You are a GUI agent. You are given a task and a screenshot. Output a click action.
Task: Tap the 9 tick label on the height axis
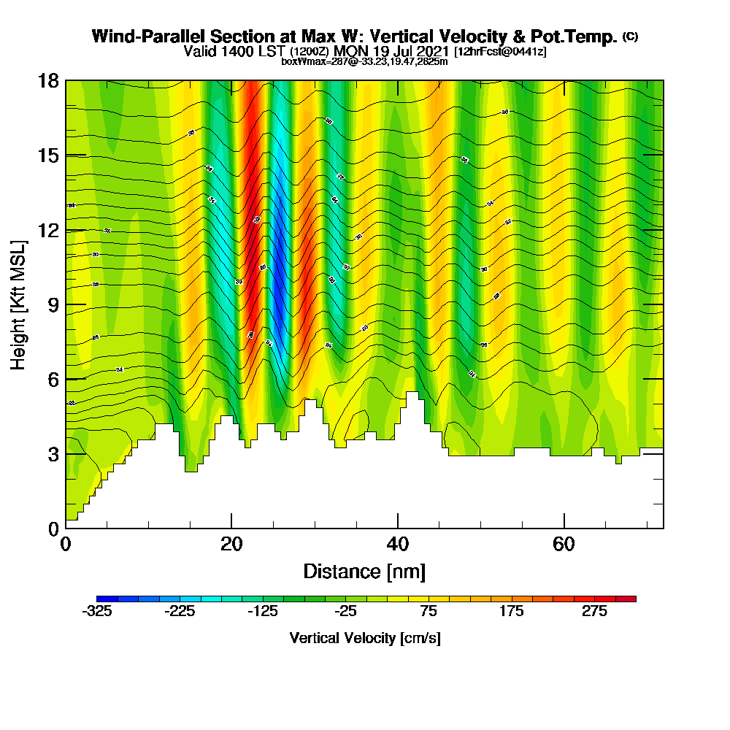53,304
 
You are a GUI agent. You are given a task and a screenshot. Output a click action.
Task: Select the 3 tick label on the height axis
53,454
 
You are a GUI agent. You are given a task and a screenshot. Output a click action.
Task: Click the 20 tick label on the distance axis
231,544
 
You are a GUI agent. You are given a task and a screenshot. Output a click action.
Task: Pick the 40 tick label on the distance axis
398,544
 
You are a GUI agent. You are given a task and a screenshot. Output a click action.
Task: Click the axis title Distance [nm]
364,571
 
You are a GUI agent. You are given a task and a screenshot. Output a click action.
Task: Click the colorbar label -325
97,612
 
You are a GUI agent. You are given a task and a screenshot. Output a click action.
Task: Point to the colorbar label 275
595,612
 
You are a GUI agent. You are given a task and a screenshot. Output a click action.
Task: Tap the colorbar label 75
429,612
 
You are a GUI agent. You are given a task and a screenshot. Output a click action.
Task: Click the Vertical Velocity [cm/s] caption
365,638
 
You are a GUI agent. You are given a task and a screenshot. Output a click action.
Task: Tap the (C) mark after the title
630,36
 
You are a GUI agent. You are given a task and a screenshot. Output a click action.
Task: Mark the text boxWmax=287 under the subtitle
311,61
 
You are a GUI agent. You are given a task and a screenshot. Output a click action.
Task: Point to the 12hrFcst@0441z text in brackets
502,52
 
